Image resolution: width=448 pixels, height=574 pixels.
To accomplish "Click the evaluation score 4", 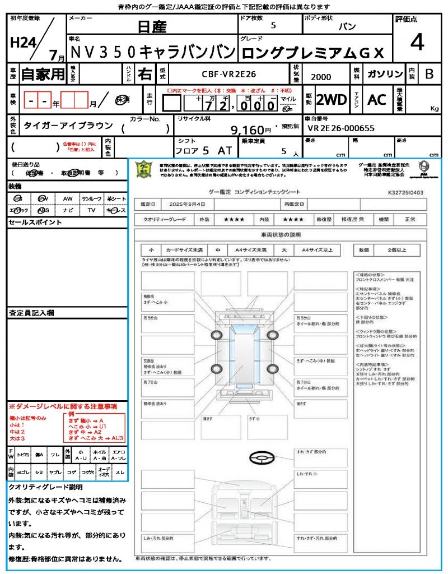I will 416,42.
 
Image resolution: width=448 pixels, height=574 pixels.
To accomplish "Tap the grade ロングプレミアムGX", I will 312,53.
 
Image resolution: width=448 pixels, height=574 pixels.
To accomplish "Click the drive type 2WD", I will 331,100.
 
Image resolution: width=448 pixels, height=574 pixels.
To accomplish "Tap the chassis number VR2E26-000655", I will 341,127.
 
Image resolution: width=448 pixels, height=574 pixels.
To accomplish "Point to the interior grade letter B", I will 429,74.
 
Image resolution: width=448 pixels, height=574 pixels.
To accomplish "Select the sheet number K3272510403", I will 405,192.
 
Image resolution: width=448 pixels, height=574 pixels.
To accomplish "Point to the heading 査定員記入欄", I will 31,312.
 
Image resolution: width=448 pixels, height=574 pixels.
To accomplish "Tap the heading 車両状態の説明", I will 281,234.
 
